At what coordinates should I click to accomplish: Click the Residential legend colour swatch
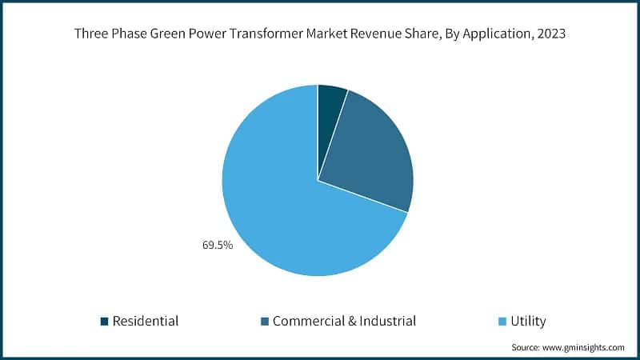[x=104, y=322]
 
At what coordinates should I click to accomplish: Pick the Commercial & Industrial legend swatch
[x=263, y=322]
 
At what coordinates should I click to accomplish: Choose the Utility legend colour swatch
[x=502, y=322]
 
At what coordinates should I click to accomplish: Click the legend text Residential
[x=145, y=322]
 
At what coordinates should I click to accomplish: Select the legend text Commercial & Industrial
[x=344, y=322]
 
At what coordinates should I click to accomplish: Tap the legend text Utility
[x=528, y=322]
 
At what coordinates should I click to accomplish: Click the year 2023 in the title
[x=551, y=34]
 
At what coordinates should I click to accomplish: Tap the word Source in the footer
[x=526, y=348]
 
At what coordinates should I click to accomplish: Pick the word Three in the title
[x=90, y=34]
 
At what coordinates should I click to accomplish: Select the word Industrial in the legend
[x=381, y=322]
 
